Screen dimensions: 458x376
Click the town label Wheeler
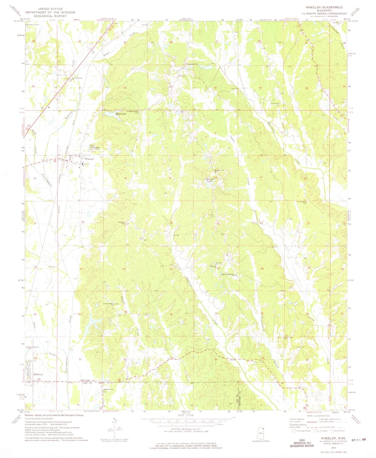click(89, 159)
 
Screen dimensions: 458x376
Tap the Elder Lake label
click(121, 114)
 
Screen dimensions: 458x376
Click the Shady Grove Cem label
click(302, 202)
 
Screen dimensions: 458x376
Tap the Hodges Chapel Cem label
click(133, 112)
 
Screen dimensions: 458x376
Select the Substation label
click(275, 103)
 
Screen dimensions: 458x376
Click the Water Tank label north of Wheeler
click(98, 148)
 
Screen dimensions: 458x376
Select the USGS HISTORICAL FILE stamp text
click(302, 443)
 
